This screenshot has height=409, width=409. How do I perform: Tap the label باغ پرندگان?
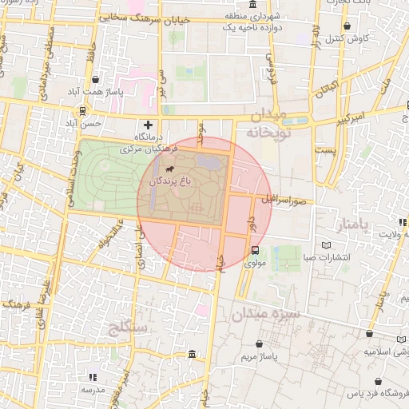pyautogui.click(x=169, y=183)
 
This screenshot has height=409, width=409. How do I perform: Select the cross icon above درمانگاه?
pyautogui.click(x=148, y=125)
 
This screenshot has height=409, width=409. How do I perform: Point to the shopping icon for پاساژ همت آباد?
pyautogui.click(x=96, y=80)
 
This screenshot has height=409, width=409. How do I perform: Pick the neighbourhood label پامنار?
pyautogui.click(x=372, y=226)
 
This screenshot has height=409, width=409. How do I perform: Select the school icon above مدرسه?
pyautogui.click(x=93, y=376)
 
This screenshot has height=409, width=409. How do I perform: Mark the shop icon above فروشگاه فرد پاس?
pyautogui.click(x=373, y=382)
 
